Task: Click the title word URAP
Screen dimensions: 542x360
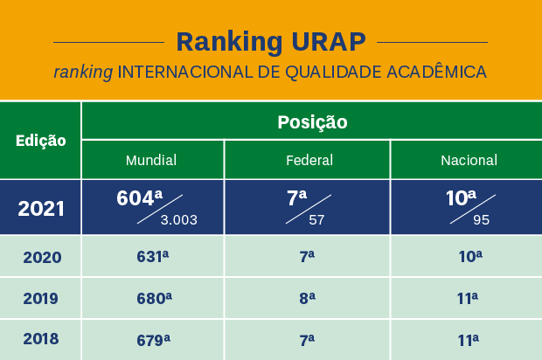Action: (329, 42)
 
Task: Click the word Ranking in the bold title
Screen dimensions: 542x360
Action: (229, 43)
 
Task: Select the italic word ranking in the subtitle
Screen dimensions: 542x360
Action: (83, 73)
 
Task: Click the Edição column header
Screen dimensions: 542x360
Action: (41, 141)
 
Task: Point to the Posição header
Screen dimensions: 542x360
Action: (312, 122)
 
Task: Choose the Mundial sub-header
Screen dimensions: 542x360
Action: (151, 160)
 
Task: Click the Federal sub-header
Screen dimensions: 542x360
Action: (309, 160)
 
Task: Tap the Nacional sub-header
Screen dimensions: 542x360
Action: (469, 160)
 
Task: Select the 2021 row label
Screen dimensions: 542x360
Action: (41, 209)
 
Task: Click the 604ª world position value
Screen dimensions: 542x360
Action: (139, 198)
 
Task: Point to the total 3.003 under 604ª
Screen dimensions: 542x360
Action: (178, 219)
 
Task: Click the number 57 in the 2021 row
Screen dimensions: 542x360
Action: (316, 219)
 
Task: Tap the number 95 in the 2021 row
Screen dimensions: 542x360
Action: (481, 219)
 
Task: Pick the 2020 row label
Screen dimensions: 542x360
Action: (42, 258)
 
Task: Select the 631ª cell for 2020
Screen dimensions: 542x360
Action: (152, 256)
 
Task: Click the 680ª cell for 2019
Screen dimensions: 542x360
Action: (154, 299)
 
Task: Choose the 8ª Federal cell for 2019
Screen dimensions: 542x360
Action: (308, 299)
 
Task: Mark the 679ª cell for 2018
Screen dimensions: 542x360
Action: (154, 340)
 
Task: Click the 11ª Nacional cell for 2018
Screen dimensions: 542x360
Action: (469, 340)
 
